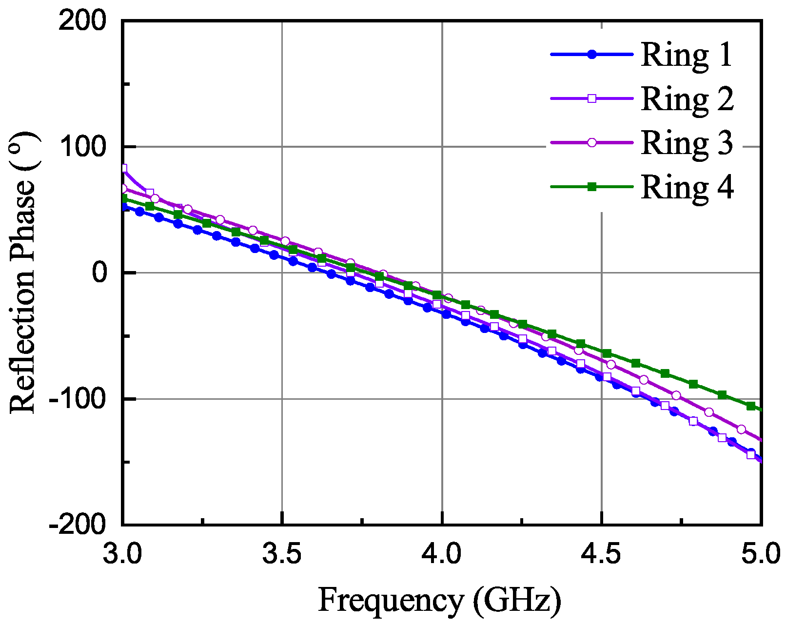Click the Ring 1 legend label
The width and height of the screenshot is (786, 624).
pyautogui.click(x=687, y=55)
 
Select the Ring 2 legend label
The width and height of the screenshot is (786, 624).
pyautogui.click(x=687, y=98)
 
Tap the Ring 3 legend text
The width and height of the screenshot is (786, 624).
pyautogui.click(x=687, y=142)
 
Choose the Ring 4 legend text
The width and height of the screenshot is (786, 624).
pyautogui.click(x=687, y=187)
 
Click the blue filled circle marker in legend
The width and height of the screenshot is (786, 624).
pyautogui.click(x=592, y=55)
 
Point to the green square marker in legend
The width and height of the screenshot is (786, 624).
pyautogui.click(x=592, y=187)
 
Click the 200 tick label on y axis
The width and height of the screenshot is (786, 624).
pyautogui.click(x=82, y=21)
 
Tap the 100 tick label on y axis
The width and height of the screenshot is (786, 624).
pyautogui.click(x=82, y=147)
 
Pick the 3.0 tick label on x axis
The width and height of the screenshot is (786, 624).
pyautogui.click(x=122, y=554)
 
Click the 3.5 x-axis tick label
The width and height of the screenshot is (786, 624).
pyautogui.click(x=282, y=554)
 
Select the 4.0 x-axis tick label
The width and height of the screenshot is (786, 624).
pyautogui.click(x=442, y=554)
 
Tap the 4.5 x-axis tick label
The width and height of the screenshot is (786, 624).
pyautogui.click(x=602, y=554)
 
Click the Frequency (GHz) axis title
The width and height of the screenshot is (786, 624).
pyautogui.click(x=439, y=600)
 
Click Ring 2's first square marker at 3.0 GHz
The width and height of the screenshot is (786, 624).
pyautogui.click(x=123, y=168)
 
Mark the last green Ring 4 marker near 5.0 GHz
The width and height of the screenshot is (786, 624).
pyautogui.click(x=751, y=406)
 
